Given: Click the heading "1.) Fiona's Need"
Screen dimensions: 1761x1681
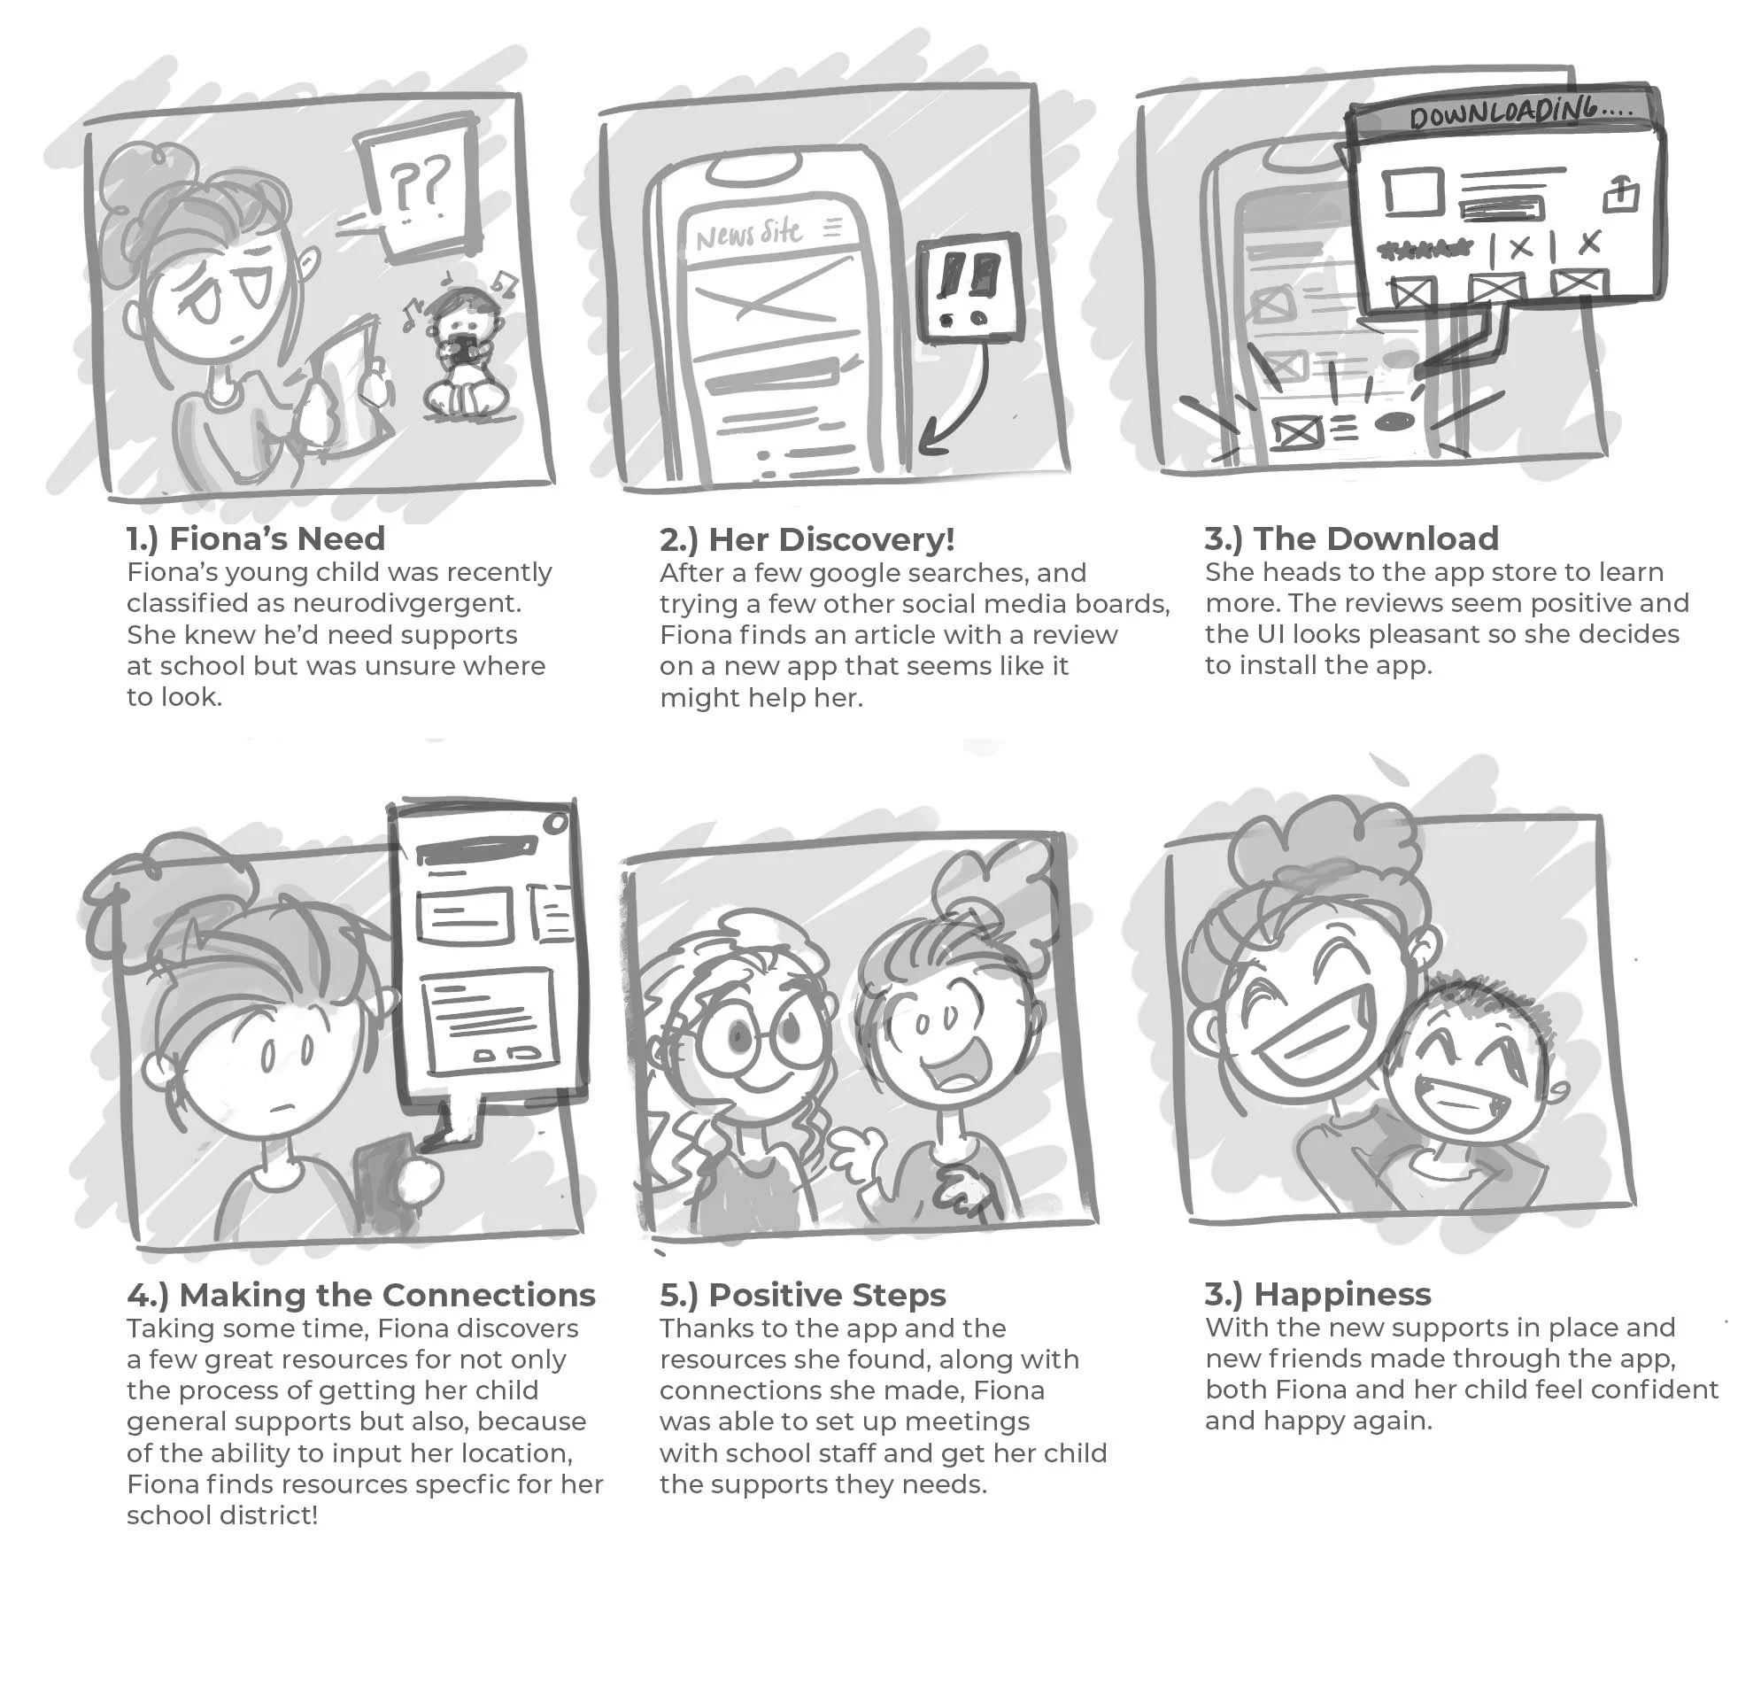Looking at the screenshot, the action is tap(255, 538).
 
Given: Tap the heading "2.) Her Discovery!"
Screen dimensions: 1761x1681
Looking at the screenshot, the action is tap(807, 539).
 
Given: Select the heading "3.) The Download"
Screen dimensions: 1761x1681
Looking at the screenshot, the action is tap(1351, 538).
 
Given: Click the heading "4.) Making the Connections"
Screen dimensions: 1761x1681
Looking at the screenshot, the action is tap(361, 1295).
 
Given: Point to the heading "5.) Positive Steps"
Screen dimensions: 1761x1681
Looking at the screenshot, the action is tap(802, 1295).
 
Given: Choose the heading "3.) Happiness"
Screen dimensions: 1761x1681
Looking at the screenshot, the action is tap(1317, 1294).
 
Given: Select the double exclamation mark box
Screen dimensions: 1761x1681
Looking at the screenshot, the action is tap(969, 288).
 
